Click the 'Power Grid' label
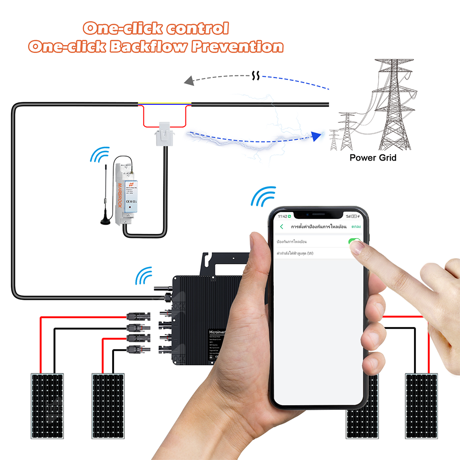click(373, 158)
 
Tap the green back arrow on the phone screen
click(282, 227)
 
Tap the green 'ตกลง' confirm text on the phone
click(356, 227)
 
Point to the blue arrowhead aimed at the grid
click(316, 136)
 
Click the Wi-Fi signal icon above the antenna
click(100, 155)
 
